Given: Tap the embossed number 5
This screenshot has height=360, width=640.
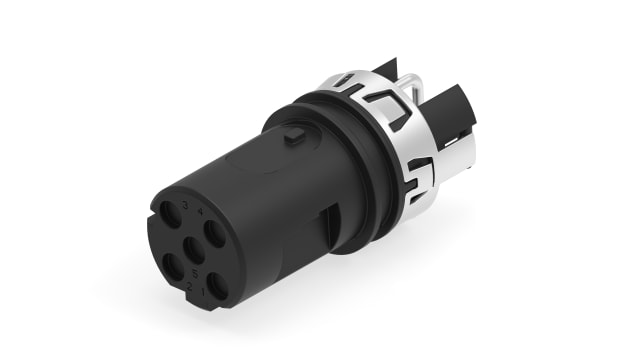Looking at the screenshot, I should pos(193,273).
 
